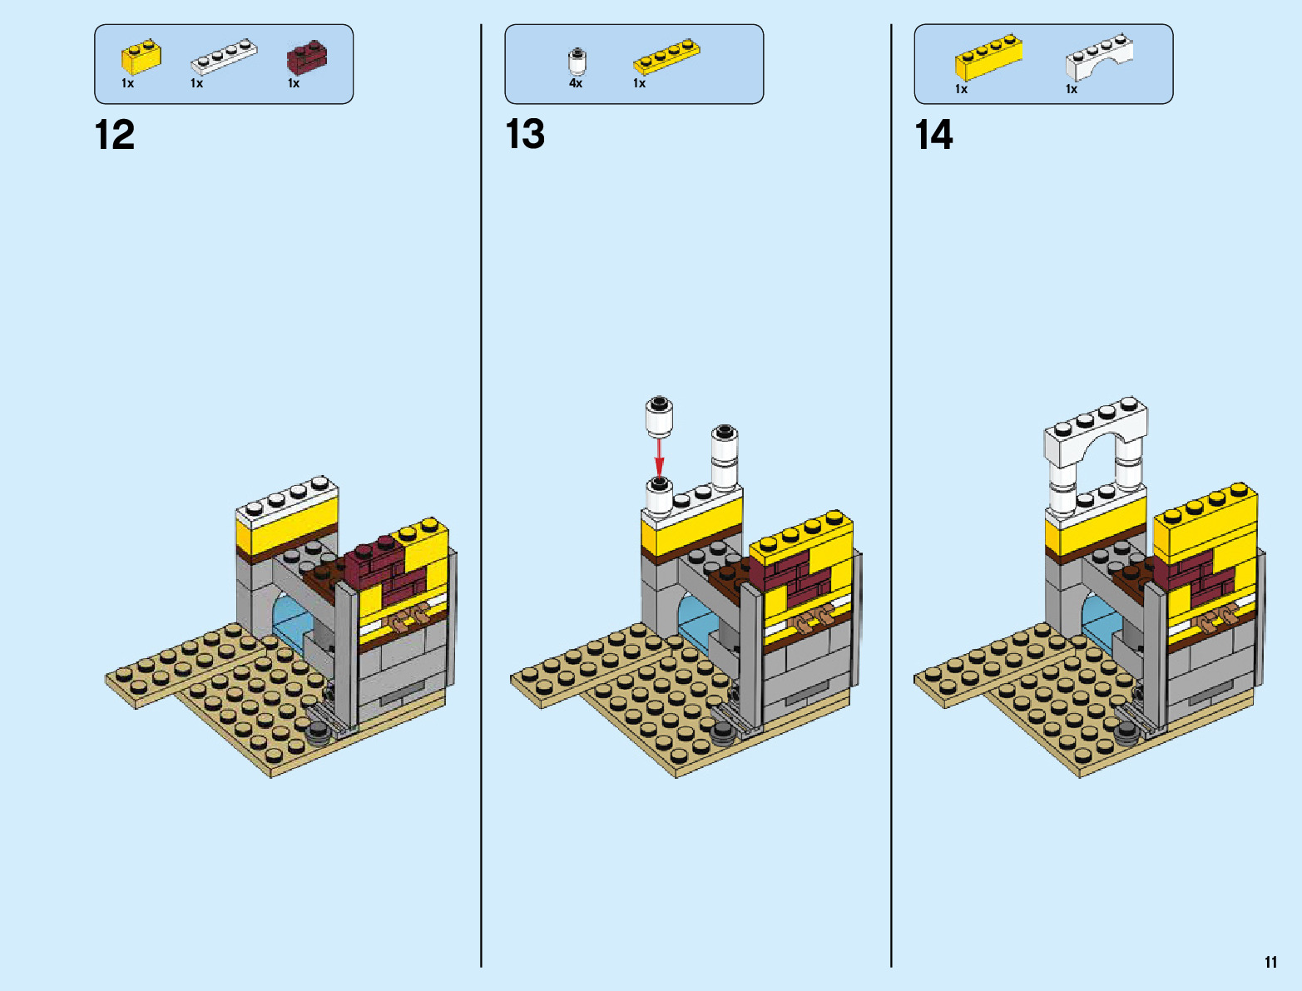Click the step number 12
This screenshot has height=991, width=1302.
115,135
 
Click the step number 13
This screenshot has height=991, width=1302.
525,135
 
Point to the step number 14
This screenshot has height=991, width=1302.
933,135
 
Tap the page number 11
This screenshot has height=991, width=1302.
1270,963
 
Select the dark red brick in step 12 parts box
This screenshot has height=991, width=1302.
306,57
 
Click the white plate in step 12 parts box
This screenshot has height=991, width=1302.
223,57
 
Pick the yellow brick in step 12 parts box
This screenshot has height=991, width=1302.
141,57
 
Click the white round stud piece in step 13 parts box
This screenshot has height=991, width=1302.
577,62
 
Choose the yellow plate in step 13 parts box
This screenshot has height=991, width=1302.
666,56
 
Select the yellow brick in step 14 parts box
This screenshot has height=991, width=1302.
988,58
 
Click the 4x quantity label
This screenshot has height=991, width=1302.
576,83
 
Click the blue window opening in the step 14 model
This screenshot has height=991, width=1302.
1097,620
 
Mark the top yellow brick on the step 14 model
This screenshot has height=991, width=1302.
1205,522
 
